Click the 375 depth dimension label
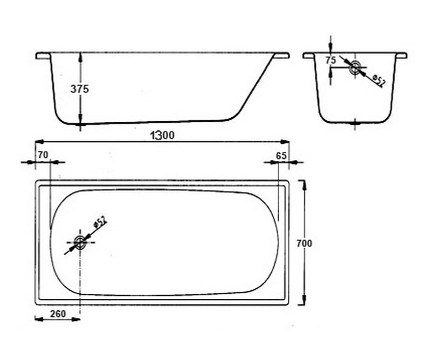click(x=80, y=89)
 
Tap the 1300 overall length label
click(x=162, y=135)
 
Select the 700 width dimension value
click(x=304, y=243)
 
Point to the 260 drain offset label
click(x=58, y=314)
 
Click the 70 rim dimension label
click(x=43, y=155)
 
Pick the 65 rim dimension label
click(x=281, y=156)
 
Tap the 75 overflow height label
click(x=331, y=60)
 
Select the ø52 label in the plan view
click(x=100, y=222)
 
